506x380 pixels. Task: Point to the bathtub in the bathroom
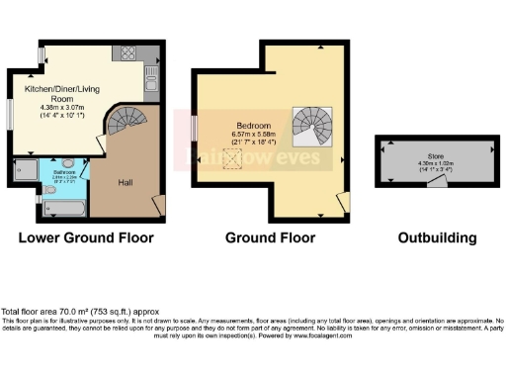click(65, 207)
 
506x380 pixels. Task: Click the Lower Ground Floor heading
click(85, 238)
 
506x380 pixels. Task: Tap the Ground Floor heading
click(270, 238)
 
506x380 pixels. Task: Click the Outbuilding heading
click(436, 238)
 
